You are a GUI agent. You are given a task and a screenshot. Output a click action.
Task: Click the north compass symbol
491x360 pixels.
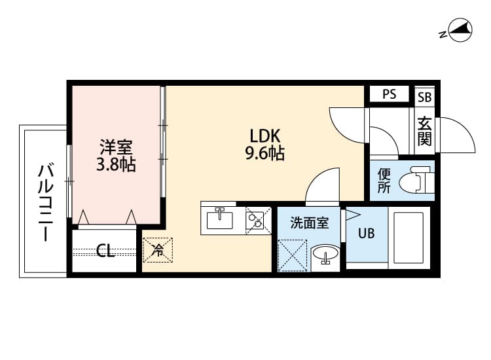[458, 31]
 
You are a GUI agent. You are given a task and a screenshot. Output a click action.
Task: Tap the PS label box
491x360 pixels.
[390, 94]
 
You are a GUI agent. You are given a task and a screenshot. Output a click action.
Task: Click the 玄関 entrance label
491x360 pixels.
[424, 130]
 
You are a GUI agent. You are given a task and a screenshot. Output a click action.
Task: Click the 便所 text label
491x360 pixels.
[384, 181]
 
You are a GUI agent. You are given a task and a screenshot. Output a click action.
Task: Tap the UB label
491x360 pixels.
[366, 233]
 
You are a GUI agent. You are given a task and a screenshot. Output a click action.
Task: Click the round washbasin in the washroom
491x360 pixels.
[325, 255]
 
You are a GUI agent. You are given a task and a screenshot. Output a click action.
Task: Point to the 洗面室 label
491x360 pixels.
[310, 223]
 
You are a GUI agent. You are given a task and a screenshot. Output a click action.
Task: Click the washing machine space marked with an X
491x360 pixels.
[292, 255]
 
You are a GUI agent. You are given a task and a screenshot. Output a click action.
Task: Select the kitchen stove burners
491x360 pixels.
[255, 219]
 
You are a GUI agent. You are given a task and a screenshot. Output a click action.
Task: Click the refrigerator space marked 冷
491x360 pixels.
[158, 249]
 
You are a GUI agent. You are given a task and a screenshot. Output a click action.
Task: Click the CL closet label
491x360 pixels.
[105, 251]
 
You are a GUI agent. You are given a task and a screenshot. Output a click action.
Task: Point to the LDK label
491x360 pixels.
[264, 136]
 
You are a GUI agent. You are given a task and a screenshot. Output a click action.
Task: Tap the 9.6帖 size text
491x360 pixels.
[264, 154]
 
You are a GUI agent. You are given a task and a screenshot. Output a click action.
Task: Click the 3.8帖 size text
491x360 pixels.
[115, 165]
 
